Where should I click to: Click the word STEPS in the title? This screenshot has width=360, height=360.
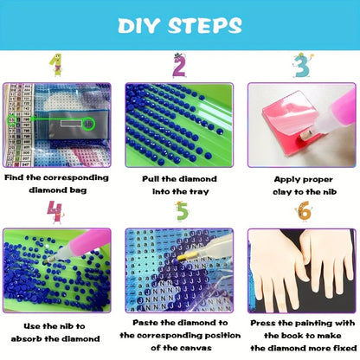click(204, 25)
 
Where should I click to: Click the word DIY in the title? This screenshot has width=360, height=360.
click(138, 25)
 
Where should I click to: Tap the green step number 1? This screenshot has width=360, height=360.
click(56, 65)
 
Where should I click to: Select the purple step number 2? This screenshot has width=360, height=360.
click(179, 66)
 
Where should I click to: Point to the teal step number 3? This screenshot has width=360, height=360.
click(302, 66)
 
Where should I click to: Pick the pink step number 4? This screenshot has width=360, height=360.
click(55, 212)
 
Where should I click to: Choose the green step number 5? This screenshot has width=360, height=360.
click(182, 211)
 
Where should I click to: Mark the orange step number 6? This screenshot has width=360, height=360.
click(304, 211)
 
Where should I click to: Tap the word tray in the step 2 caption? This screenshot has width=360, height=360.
click(199, 192)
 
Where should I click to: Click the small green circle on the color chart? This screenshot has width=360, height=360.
click(12, 119)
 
